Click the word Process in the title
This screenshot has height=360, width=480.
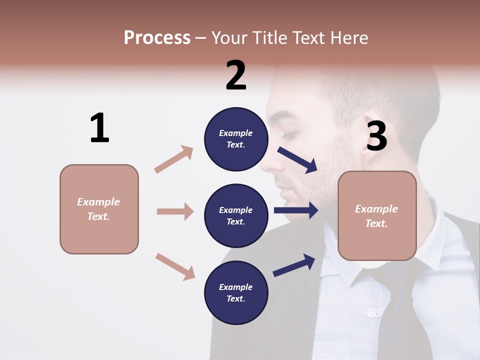point(157,37)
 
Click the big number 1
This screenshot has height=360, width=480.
point(99,128)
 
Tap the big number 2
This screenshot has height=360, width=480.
point(236,75)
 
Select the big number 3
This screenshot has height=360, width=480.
point(376,136)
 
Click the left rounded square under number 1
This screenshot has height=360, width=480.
point(99,209)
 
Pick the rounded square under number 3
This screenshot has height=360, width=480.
point(377,215)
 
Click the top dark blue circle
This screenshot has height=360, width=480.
point(236,139)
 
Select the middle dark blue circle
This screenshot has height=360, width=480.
point(236,215)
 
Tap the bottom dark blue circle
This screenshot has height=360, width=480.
point(236,292)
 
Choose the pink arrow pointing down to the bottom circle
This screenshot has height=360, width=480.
point(175,266)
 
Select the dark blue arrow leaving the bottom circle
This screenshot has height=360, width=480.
point(294,265)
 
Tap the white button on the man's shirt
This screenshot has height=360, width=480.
point(371,314)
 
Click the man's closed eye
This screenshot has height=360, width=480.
point(289,134)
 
